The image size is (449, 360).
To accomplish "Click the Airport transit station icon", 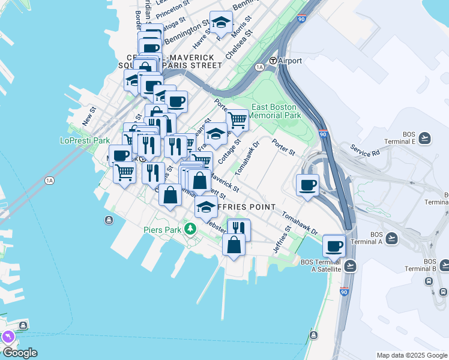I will (x=273, y=61).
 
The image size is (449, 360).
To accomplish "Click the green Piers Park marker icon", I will (x=190, y=229).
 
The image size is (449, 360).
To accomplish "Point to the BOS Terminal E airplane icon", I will (x=425, y=139).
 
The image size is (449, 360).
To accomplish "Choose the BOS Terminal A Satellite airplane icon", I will (x=351, y=265).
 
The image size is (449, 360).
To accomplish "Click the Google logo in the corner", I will (x=19, y=353).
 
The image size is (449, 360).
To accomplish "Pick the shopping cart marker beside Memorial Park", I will (x=237, y=120).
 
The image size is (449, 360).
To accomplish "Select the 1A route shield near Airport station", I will (x=259, y=67).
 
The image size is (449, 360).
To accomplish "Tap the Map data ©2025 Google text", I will (x=411, y=355).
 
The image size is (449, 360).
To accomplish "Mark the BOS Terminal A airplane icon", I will (x=391, y=238).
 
